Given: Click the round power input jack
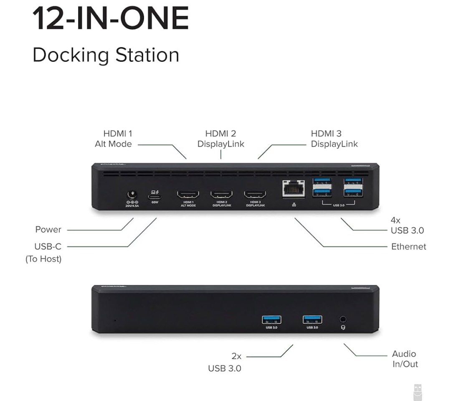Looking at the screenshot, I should click(x=132, y=195).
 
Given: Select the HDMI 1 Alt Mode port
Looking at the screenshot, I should click(x=188, y=195).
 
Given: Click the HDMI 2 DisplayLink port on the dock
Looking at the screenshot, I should click(x=221, y=195).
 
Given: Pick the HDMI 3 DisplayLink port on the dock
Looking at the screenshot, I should click(x=255, y=195).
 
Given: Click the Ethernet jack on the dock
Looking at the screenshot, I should click(x=293, y=189).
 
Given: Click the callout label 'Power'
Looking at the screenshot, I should click(x=48, y=230).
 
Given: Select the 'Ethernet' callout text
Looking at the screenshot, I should click(x=408, y=246).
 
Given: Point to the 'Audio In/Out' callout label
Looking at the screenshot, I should click(x=405, y=359).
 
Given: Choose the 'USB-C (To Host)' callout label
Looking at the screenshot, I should click(x=43, y=253).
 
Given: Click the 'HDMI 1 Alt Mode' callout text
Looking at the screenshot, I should click(x=113, y=139).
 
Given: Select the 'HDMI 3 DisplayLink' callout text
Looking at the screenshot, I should click(x=334, y=139).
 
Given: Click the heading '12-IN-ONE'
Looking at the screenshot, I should click(x=111, y=19).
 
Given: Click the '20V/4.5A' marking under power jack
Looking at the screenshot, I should click(x=132, y=206).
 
